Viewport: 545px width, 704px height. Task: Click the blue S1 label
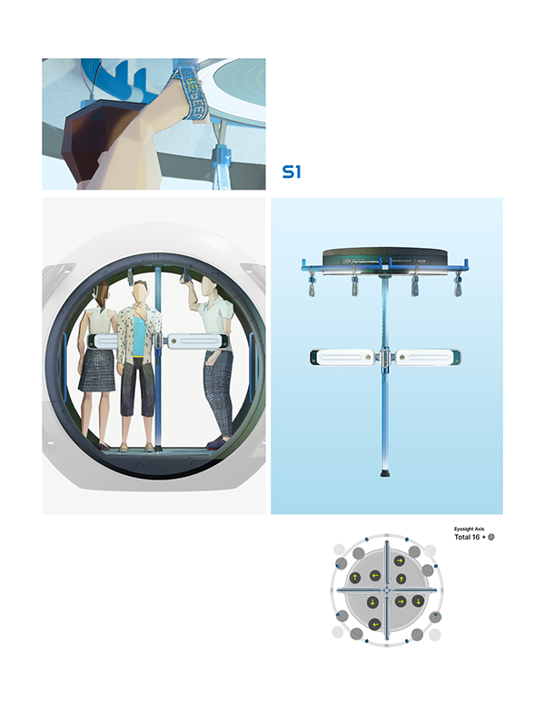coord(291,171)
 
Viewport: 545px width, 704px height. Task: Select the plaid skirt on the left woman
coord(96,371)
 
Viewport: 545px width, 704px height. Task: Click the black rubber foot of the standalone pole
coord(385,473)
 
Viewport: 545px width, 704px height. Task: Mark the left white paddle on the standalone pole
coord(343,357)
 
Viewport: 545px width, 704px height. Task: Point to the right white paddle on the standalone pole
coord(425,357)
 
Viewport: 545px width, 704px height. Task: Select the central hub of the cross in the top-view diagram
coord(385,590)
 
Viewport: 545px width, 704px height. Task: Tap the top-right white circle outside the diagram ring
coord(430,550)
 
